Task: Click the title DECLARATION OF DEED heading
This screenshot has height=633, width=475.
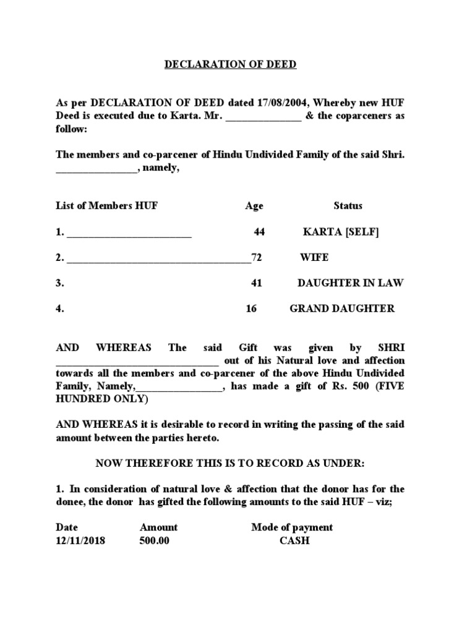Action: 230,64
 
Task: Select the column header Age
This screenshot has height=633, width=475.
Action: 254,206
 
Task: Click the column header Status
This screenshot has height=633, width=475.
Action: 348,206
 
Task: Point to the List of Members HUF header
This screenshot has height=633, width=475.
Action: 107,206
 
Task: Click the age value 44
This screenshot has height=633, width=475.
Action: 259,232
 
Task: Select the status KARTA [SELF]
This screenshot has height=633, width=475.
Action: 341,232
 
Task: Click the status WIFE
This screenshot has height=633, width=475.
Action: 314,258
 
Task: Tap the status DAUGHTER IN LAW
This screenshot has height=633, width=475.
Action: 350,283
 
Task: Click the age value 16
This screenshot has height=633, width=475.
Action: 251,308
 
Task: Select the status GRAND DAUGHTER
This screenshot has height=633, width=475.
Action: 341,308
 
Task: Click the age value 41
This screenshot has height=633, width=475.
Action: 257,283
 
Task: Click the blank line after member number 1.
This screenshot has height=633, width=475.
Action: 129,234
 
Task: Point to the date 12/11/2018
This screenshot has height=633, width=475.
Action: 80,541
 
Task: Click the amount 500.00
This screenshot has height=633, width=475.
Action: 155,541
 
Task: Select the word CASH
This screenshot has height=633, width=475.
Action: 294,541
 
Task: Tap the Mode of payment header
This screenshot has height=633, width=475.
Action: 292,527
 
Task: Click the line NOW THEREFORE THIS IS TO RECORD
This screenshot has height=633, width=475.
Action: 230,464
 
